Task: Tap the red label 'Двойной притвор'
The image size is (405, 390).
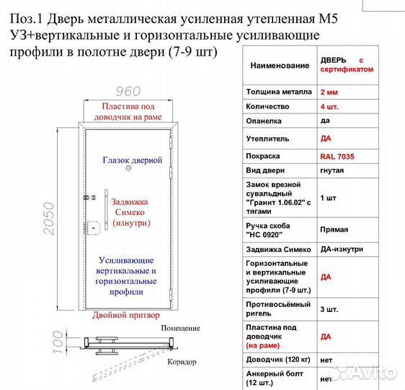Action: point(127,316)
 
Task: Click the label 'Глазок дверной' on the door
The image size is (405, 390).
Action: point(132,160)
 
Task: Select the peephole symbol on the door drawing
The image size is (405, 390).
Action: point(128,168)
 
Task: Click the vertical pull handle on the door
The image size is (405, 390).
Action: point(107,210)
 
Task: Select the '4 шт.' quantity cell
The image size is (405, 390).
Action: point(329,106)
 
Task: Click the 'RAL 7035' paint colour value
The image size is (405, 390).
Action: point(337,156)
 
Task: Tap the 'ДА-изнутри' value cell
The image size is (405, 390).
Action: point(342,249)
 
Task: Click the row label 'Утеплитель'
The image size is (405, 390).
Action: point(268,137)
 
